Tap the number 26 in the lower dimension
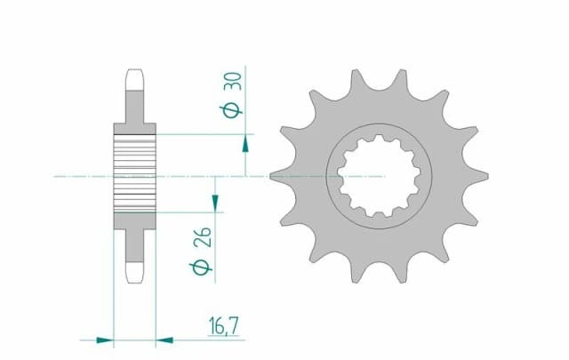click(202, 240)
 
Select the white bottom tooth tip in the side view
click(134, 271)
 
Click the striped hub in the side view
click(134, 175)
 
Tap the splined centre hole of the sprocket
click(380, 175)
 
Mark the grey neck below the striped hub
click(134, 243)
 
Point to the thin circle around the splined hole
click(330, 175)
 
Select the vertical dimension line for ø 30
click(246, 107)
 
